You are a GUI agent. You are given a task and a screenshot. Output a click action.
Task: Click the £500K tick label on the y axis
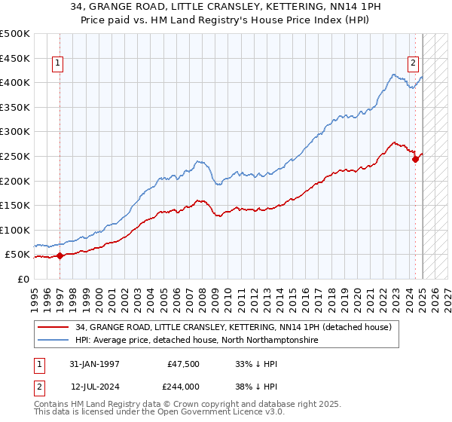point(15,34)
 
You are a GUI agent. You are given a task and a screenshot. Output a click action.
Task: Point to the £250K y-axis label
point(15,156)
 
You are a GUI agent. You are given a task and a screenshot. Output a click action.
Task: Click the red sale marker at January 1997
point(60,255)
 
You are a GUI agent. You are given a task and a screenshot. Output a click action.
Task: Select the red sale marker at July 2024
point(415,159)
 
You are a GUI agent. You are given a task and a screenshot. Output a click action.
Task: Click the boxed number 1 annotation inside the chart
point(59,64)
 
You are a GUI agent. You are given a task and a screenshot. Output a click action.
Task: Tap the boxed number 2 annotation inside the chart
point(414,64)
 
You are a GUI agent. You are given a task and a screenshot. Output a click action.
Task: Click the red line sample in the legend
point(54,328)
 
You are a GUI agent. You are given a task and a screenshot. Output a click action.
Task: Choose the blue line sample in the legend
point(54,341)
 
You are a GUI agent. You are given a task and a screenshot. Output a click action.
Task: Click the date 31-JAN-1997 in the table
point(94,364)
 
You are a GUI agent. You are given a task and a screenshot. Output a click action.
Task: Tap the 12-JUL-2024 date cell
point(94,385)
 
